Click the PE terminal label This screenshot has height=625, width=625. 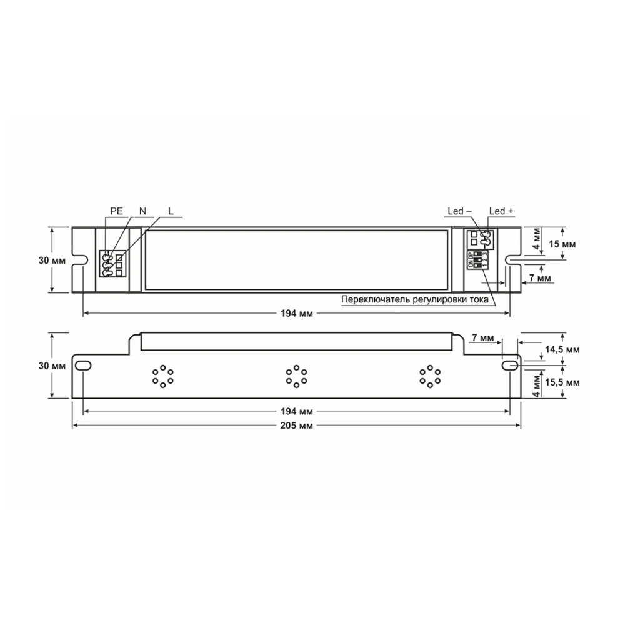tap(117, 212)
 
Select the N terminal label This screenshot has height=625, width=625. tap(143, 212)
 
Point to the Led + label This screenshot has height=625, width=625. tap(501, 212)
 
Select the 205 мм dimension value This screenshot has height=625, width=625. tap(297, 425)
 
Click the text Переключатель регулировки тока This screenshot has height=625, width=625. tap(413, 299)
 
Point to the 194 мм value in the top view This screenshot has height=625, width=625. tap(297, 312)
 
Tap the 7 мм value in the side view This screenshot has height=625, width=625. tap(482, 338)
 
